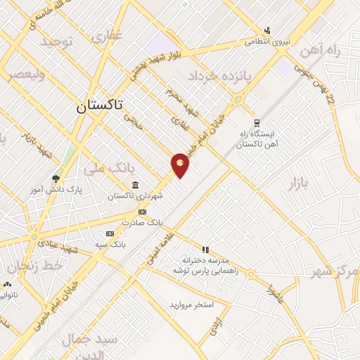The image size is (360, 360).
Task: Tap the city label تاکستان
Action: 98,106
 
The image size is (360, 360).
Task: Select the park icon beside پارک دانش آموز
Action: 56,178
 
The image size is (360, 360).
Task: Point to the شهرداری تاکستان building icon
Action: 134,185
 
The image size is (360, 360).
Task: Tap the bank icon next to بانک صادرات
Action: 142,212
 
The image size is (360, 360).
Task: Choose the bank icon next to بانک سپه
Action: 110,233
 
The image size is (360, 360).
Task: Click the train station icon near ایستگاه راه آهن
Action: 255,121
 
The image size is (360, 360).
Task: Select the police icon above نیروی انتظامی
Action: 266,30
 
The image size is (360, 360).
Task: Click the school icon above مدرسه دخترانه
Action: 205,249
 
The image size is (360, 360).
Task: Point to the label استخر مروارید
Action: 191,304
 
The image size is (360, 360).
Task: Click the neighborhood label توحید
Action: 57,42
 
